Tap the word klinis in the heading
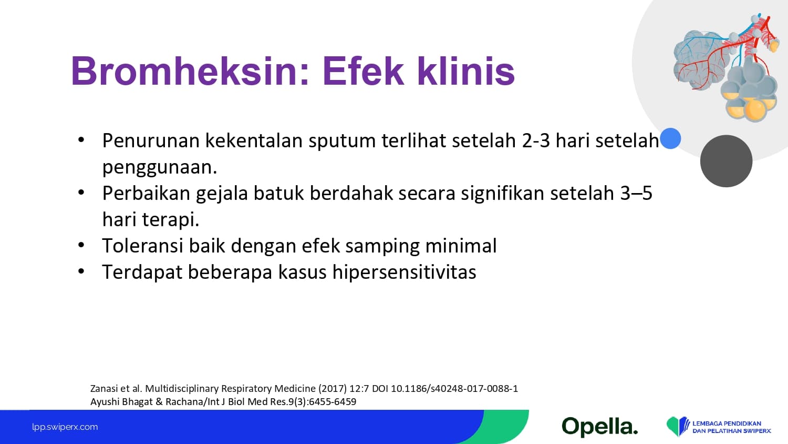click(x=466, y=71)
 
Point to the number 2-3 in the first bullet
click(x=536, y=140)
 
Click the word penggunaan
click(x=160, y=168)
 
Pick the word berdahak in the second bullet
click(x=351, y=193)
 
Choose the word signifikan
click(x=503, y=194)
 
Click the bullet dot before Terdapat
click(x=81, y=271)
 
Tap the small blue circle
click(x=670, y=138)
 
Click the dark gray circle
click(x=726, y=161)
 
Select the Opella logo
click(x=600, y=427)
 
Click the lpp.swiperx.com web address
click(x=65, y=427)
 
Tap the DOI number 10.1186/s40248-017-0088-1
click(x=454, y=389)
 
